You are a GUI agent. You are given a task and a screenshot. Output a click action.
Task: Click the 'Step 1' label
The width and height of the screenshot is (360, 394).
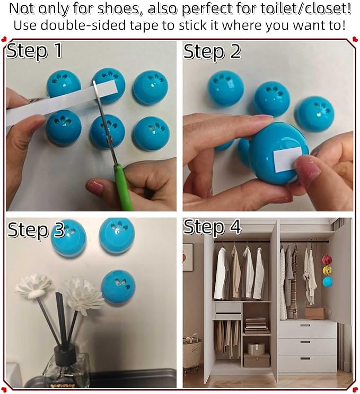pos(35,51)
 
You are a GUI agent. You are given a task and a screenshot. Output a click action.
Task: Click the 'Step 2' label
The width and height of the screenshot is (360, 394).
pos(212,51)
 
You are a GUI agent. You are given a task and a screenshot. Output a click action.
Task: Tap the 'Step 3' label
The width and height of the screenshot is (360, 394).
pos(36,230)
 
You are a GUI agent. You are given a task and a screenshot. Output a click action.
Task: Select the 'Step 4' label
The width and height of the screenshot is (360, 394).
pos(212,227)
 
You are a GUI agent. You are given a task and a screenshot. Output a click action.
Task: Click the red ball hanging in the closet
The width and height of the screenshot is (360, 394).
pos(327,259)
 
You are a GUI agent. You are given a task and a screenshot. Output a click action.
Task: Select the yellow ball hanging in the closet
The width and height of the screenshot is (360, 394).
pos(327,270)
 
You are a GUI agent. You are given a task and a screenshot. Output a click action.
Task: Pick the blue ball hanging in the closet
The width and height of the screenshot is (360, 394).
pos(327,281)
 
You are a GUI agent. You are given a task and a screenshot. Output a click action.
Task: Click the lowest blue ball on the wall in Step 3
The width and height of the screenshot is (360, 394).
pos(118,286)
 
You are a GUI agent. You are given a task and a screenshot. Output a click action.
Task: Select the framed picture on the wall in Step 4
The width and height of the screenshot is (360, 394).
pos(188,257)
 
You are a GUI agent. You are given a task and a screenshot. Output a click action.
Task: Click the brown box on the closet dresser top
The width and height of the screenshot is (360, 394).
pos(315,312)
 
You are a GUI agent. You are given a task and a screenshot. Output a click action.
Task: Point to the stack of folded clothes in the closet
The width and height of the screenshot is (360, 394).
pos(257,325)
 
